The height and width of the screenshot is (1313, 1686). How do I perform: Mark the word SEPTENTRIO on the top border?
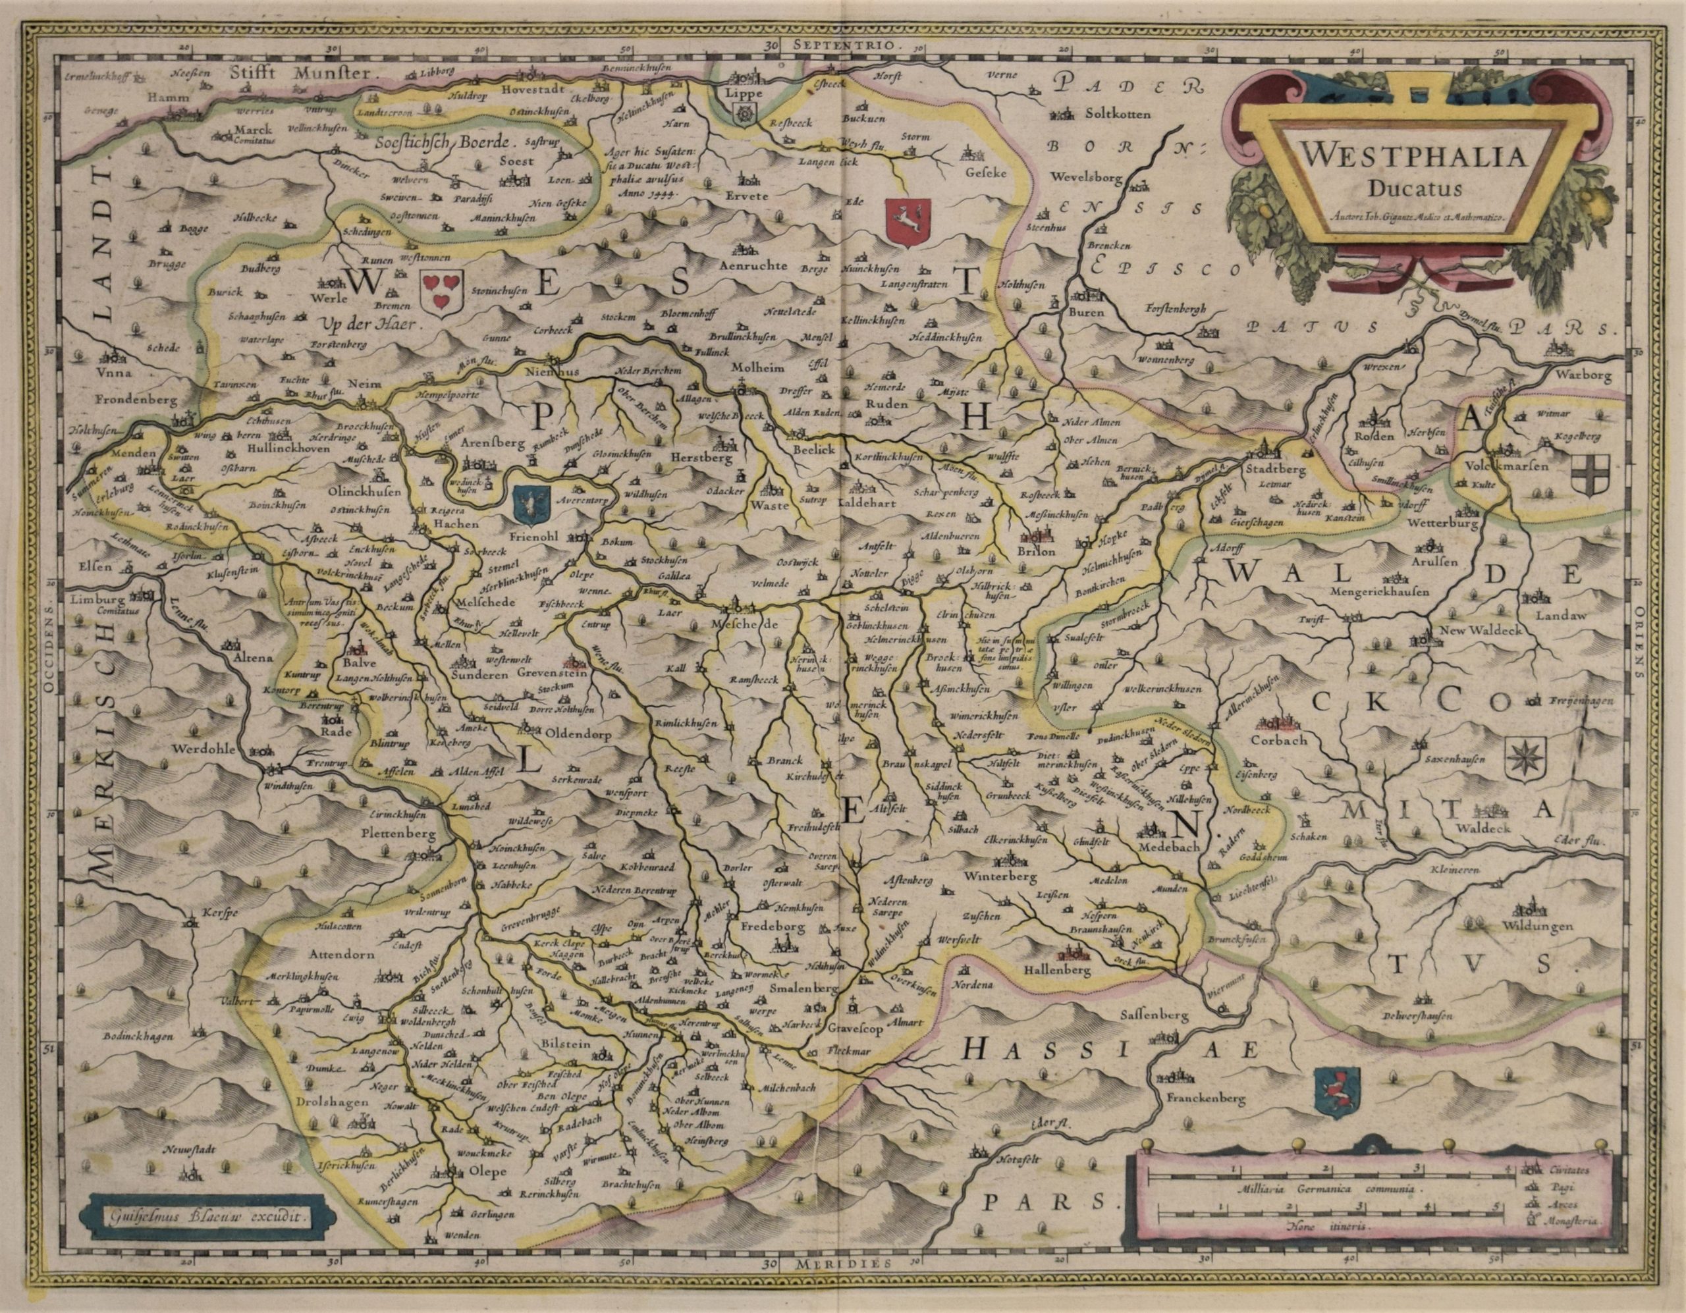point(846,45)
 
